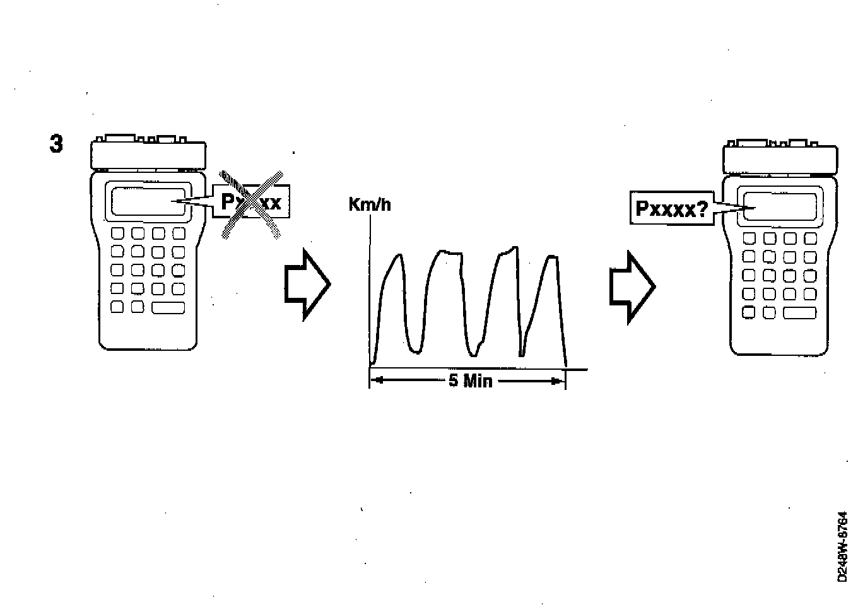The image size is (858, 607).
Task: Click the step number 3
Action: [x=56, y=144]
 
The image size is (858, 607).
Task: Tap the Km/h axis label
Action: [x=369, y=204]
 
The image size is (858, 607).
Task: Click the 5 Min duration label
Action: [x=470, y=380]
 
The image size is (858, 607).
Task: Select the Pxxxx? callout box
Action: [x=672, y=208]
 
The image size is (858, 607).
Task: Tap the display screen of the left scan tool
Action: [x=150, y=202]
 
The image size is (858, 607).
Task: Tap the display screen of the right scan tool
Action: [x=780, y=206]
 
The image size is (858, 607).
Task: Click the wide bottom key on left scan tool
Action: [x=168, y=308]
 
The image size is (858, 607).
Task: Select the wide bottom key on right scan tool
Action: [x=799, y=313]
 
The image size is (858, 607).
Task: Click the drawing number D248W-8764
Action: [x=843, y=546]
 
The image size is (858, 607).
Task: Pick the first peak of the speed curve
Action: [x=397, y=256]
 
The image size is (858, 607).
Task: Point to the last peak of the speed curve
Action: [x=551, y=257]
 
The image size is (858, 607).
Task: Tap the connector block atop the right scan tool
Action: [x=780, y=156]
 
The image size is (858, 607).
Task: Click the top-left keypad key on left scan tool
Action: [x=118, y=233]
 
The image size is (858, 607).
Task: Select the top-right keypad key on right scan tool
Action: [x=810, y=239]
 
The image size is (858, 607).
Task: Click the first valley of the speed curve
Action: [x=414, y=350]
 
